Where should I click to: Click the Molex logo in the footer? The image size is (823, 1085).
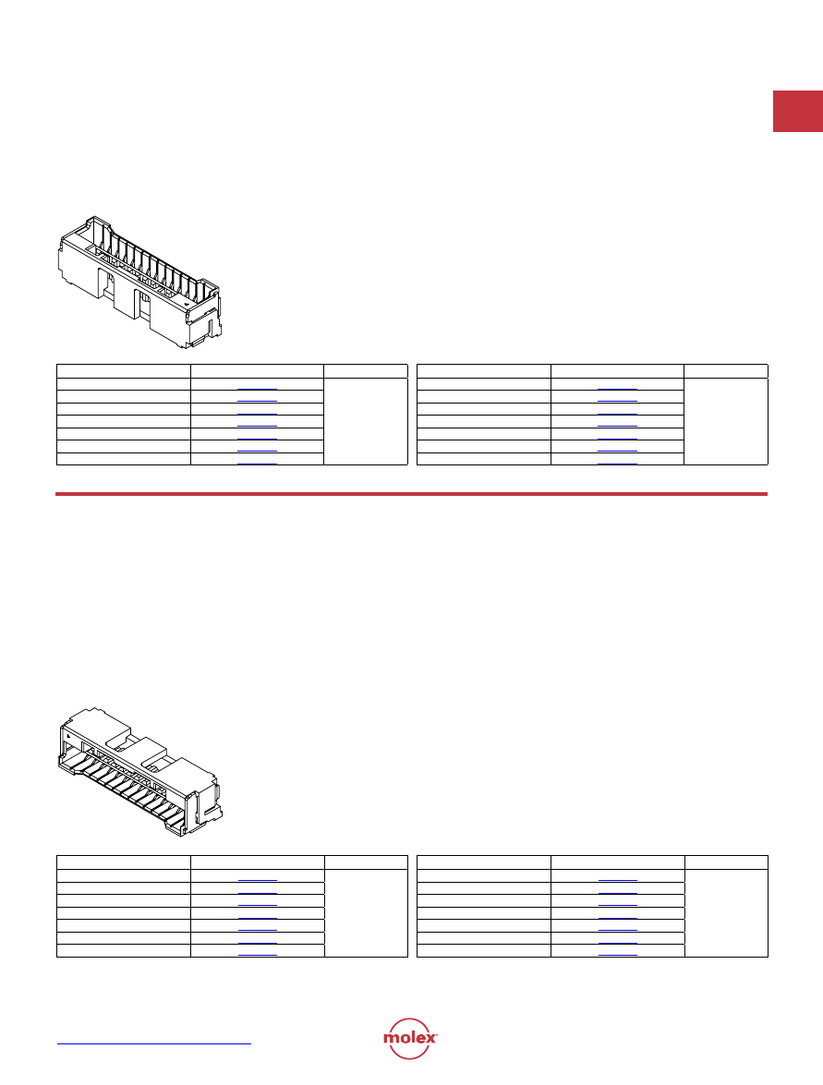(x=410, y=1038)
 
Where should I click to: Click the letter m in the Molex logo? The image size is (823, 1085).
(x=391, y=1038)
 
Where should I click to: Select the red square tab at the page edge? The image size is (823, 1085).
(x=798, y=111)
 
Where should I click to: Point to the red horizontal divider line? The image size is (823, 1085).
(x=411, y=494)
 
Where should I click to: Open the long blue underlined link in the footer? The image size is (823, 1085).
(x=153, y=1043)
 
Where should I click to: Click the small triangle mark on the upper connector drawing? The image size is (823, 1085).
(x=187, y=304)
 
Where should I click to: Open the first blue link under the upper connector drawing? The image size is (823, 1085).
(x=257, y=390)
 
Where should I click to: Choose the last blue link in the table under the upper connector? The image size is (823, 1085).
(x=257, y=463)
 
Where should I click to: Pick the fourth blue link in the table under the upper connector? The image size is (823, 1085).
(x=257, y=427)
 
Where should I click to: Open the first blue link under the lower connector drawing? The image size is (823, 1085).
(x=258, y=880)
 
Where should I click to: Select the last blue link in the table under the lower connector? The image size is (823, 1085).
(x=258, y=955)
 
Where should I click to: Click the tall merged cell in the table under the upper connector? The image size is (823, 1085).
(x=366, y=421)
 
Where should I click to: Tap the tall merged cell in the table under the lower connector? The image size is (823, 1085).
(x=366, y=913)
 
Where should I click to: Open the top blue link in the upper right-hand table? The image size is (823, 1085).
(x=617, y=390)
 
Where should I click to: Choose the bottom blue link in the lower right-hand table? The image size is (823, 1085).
(x=617, y=955)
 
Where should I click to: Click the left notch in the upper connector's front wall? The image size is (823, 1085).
(x=106, y=283)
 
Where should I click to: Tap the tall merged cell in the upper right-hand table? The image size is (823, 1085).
(x=726, y=421)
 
